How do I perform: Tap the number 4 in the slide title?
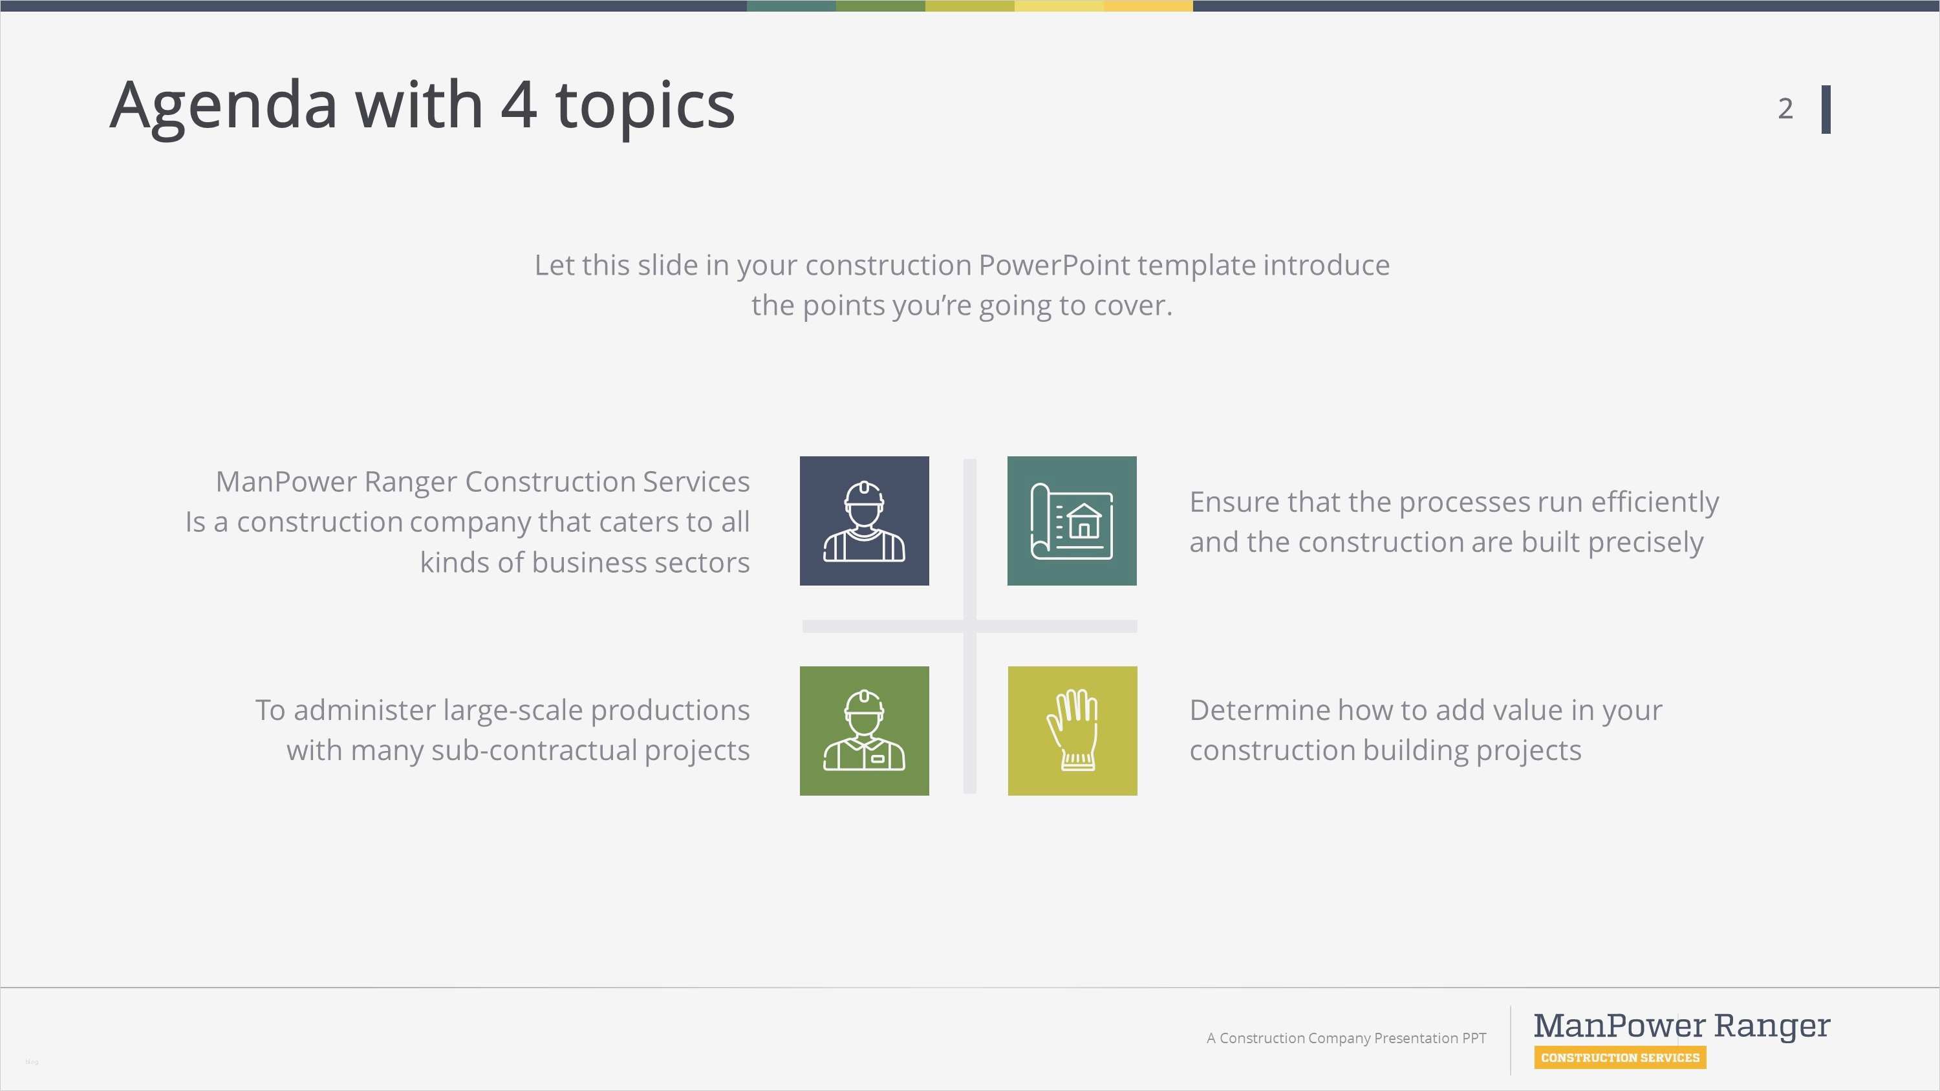(x=519, y=104)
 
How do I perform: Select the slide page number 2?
(x=1785, y=109)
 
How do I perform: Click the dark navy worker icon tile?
(x=864, y=520)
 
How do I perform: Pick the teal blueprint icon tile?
(x=1072, y=520)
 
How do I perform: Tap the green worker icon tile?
(x=864, y=730)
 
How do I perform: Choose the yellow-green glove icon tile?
(x=1072, y=730)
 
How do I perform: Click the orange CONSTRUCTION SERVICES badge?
(x=1620, y=1057)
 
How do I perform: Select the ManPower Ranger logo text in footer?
(x=1682, y=1026)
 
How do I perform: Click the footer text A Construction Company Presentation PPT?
(x=1346, y=1038)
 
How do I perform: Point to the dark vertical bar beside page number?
(x=1826, y=109)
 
